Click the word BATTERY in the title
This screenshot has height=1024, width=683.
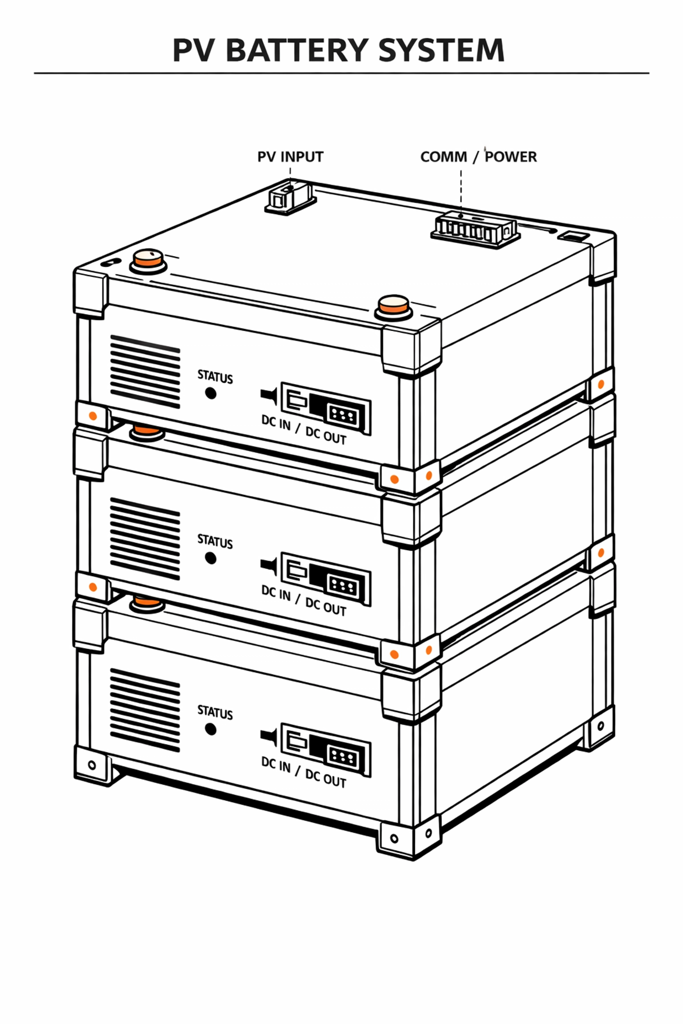297,50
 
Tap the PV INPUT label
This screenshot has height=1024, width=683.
290,157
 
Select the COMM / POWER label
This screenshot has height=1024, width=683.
478,157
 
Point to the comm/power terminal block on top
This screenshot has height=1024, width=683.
475,230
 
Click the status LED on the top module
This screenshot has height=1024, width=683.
211,393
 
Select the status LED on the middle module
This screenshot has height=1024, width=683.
211,558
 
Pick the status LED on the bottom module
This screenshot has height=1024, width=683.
211,729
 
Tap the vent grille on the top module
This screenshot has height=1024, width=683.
145,372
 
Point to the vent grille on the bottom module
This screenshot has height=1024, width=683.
145,710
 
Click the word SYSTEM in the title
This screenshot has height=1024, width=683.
441,50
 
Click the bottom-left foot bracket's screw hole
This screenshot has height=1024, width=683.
92,765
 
